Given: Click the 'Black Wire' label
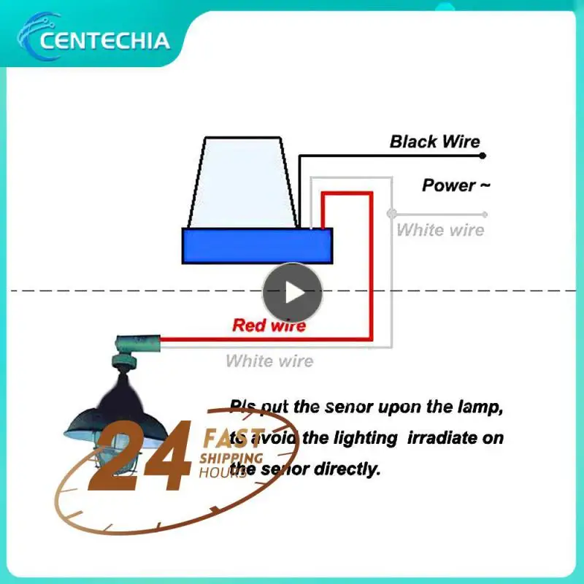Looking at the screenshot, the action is tap(434, 142).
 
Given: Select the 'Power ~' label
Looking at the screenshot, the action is tap(456, 185).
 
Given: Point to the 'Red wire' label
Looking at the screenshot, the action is tap(269, 325).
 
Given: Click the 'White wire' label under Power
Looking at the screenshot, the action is tap(440, 230).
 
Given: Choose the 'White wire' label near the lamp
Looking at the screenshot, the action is tap(269, 361).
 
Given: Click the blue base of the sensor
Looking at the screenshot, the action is tap(256, 245).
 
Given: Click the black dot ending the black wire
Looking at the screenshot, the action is tap(483, 155).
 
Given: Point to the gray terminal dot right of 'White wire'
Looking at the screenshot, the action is tap(485, 214).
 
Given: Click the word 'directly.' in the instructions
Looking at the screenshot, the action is tap(347, 469).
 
